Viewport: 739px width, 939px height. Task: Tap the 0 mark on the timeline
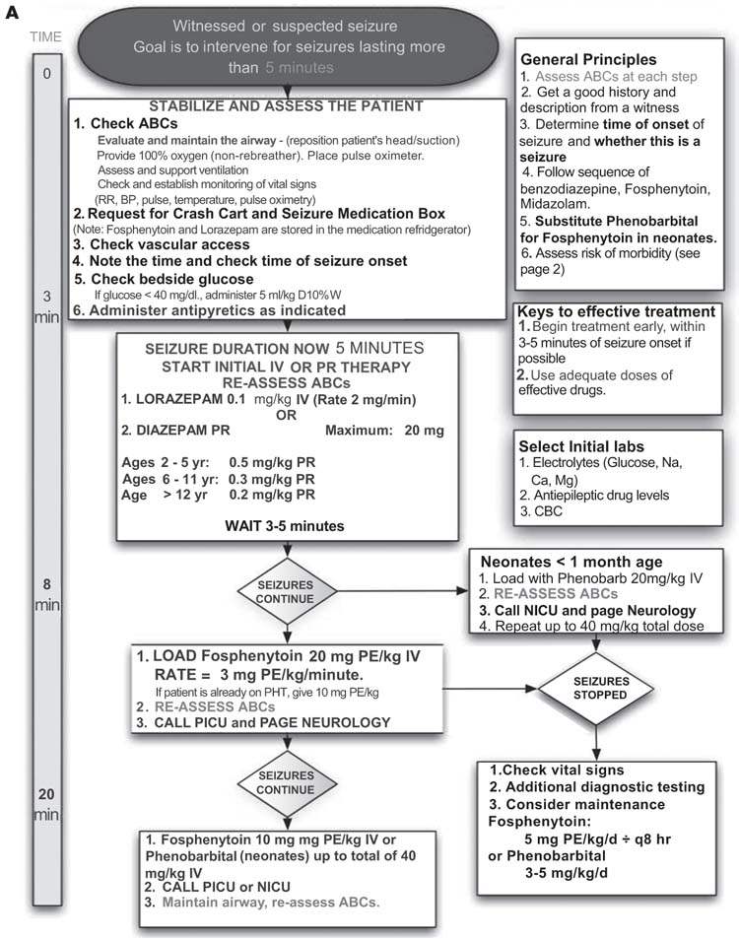pos(46,72)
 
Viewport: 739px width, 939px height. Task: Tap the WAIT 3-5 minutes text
pos(289,526)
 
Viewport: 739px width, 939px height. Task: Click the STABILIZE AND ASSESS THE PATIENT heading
pos(286,106)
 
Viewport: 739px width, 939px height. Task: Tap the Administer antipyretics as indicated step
pos(209,309)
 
